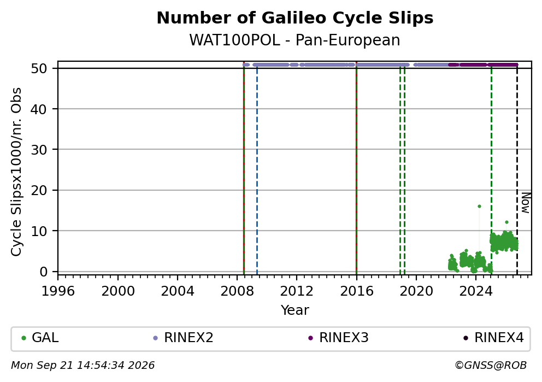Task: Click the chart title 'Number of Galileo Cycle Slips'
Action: [x=295, y=18]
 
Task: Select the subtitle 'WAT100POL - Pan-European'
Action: [x=295, y=40]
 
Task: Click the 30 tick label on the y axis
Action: [x=39, y=150]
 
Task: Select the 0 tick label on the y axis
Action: [x=44, y=272]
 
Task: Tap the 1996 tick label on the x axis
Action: [x=58, y=291]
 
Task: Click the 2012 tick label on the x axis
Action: [x=297, y=291]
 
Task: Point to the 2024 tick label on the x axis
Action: [x=476, y=291]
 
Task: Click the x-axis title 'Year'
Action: [x=295, y=310]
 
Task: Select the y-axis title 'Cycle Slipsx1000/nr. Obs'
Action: [x=16, y=172]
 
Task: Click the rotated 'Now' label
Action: [x=526, y=203]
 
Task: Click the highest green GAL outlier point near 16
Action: [x=479, y=207]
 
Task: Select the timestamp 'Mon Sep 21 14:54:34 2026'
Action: [x=83, y=366]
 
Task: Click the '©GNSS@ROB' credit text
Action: [x=491, y=366]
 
